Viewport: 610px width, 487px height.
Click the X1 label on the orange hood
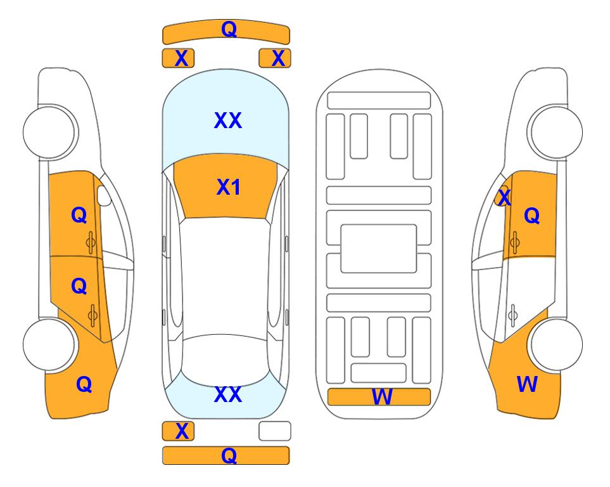point(229,187)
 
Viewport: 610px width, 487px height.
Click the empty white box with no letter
point(275,431)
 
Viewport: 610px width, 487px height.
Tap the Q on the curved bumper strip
point(229,29)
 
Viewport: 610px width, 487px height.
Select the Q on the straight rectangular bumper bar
point(229,455)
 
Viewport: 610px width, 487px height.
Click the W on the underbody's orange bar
point(382,397)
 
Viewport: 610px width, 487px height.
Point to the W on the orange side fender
point(527,384)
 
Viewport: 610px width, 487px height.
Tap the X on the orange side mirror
point(504,197)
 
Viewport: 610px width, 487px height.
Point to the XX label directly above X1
point(228,120)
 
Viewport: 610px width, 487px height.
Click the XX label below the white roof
point(228,394)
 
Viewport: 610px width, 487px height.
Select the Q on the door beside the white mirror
point(79,215)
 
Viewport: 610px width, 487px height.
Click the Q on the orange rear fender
point(84,384)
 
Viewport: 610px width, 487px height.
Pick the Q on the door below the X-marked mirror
point(532,216)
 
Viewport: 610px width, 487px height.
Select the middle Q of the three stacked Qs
point(79,286)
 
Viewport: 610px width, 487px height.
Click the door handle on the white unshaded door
point(513,315)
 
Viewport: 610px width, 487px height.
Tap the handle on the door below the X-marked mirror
point(515,242)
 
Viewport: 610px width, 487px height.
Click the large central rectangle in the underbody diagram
point(379,249)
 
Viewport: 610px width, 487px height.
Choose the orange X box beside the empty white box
point(178,431)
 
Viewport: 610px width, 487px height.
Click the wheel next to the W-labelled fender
point(557,344)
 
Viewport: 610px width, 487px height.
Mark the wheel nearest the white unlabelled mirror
point(49,132)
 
